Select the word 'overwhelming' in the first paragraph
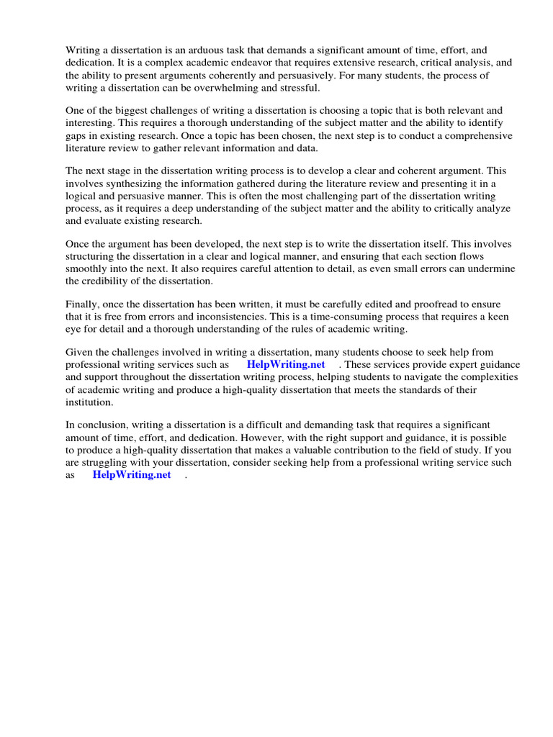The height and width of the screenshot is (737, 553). [x=232, y=87]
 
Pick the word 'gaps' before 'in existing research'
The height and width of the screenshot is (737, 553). [x=77, y=135]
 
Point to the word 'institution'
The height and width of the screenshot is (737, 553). [x=90, y=402]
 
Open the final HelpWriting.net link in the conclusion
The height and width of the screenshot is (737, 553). [x=132, y=474]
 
